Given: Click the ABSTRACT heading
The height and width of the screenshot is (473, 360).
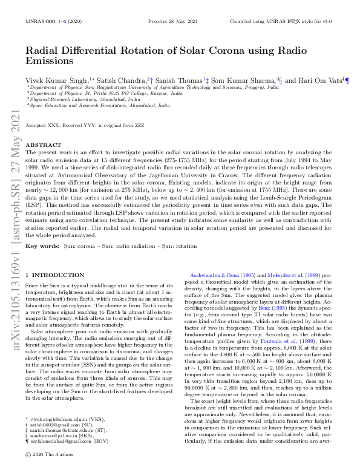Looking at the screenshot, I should coord(41,145).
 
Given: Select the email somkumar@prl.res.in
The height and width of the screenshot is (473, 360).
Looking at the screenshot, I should coord(55,436).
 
